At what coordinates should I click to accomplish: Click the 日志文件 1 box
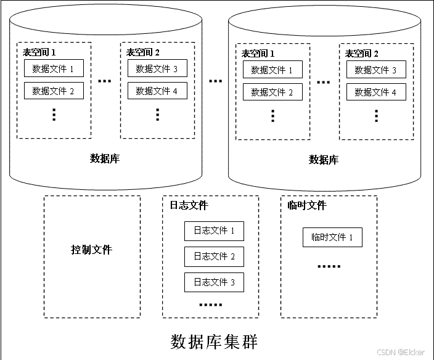click(214, 231)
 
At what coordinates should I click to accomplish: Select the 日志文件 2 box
click(214, 257)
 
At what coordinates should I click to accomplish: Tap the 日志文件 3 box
click(214, 282)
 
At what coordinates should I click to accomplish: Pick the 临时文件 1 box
click(332, 237)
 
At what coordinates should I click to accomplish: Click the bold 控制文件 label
click(92, 250)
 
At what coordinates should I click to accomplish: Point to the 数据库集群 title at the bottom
click(214, 342)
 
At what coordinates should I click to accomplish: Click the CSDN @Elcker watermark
click(401, 352)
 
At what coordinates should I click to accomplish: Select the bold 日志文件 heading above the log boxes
click(189, 205)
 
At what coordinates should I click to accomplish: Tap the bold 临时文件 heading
click(307, 205)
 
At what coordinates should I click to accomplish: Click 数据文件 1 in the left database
click(54, 68)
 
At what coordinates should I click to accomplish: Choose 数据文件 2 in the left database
click(54, 91)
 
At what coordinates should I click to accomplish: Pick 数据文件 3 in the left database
click(157, 68)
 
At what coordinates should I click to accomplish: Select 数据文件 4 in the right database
click(376, 92)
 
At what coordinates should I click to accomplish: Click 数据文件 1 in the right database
click(272, 70)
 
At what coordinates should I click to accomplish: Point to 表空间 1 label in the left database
click(39, 52)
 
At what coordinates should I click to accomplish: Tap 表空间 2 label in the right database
click(361, 54)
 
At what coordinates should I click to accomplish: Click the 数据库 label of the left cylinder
click(105, 158)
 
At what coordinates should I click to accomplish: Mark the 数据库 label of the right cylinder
click(324, 160)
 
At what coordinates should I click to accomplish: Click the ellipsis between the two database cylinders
click(215, 81)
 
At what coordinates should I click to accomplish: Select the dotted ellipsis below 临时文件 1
click(329, 266)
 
